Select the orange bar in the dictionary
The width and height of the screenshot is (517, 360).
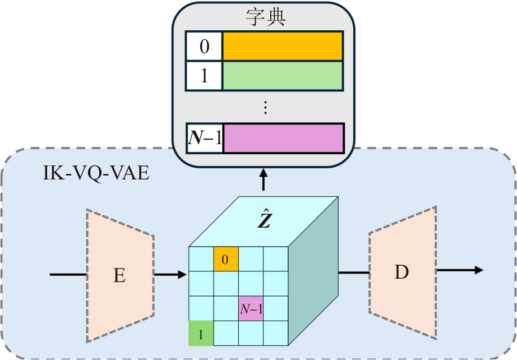(283, 46)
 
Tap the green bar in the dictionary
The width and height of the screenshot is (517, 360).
(283, 76)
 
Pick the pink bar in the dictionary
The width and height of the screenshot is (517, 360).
(283, 138)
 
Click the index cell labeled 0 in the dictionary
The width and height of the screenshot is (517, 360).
(204, 46)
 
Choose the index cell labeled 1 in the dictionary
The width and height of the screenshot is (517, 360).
(204, 76)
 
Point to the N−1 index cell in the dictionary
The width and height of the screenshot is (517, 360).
(205, 138)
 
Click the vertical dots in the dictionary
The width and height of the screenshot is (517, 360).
(265, 107)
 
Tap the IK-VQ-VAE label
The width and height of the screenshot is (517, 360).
(96, 173)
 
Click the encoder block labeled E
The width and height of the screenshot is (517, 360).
(119, 275)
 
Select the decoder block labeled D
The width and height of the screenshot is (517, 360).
(401, 273)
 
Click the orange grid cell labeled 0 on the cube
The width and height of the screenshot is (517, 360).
(225, 259)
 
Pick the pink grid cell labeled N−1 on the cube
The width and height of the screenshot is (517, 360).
(251, 308)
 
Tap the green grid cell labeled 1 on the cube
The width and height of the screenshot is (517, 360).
(201, 333)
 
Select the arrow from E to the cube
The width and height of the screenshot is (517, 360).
(170, 275)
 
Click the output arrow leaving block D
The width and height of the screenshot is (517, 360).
(459, 270)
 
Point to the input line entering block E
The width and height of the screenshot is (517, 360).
(68, 275)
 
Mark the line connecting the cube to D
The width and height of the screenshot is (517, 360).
(354, 273)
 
